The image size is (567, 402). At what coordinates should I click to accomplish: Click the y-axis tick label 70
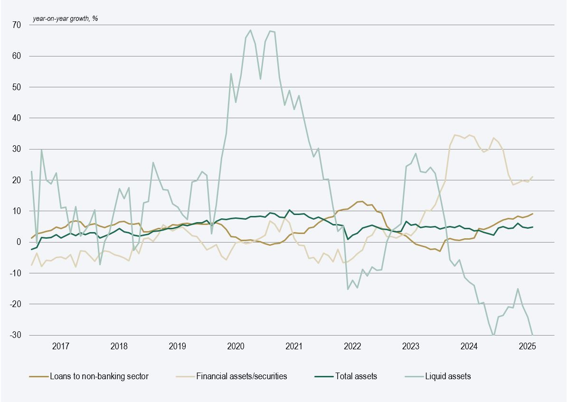click(x=17, y=25)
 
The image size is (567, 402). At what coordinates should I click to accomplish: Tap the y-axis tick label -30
click(x=16, y=335)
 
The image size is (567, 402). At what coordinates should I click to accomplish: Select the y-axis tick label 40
click(x=17, y=118)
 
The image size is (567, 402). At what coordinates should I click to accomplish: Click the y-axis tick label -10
click(x=16, y=273)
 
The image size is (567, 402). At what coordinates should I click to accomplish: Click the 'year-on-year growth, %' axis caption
click(x=65, y=19)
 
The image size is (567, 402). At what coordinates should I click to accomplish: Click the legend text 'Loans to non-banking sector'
click(x=99, y=376)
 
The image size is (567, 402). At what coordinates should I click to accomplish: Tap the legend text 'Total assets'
click(x=356, y=376)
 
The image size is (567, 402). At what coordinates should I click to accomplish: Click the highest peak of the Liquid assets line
click(x=250, y=30)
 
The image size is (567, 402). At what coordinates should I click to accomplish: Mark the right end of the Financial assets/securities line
click(x=532, y=177)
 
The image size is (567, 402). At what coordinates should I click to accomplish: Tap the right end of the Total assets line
click(x=532, y=227)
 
